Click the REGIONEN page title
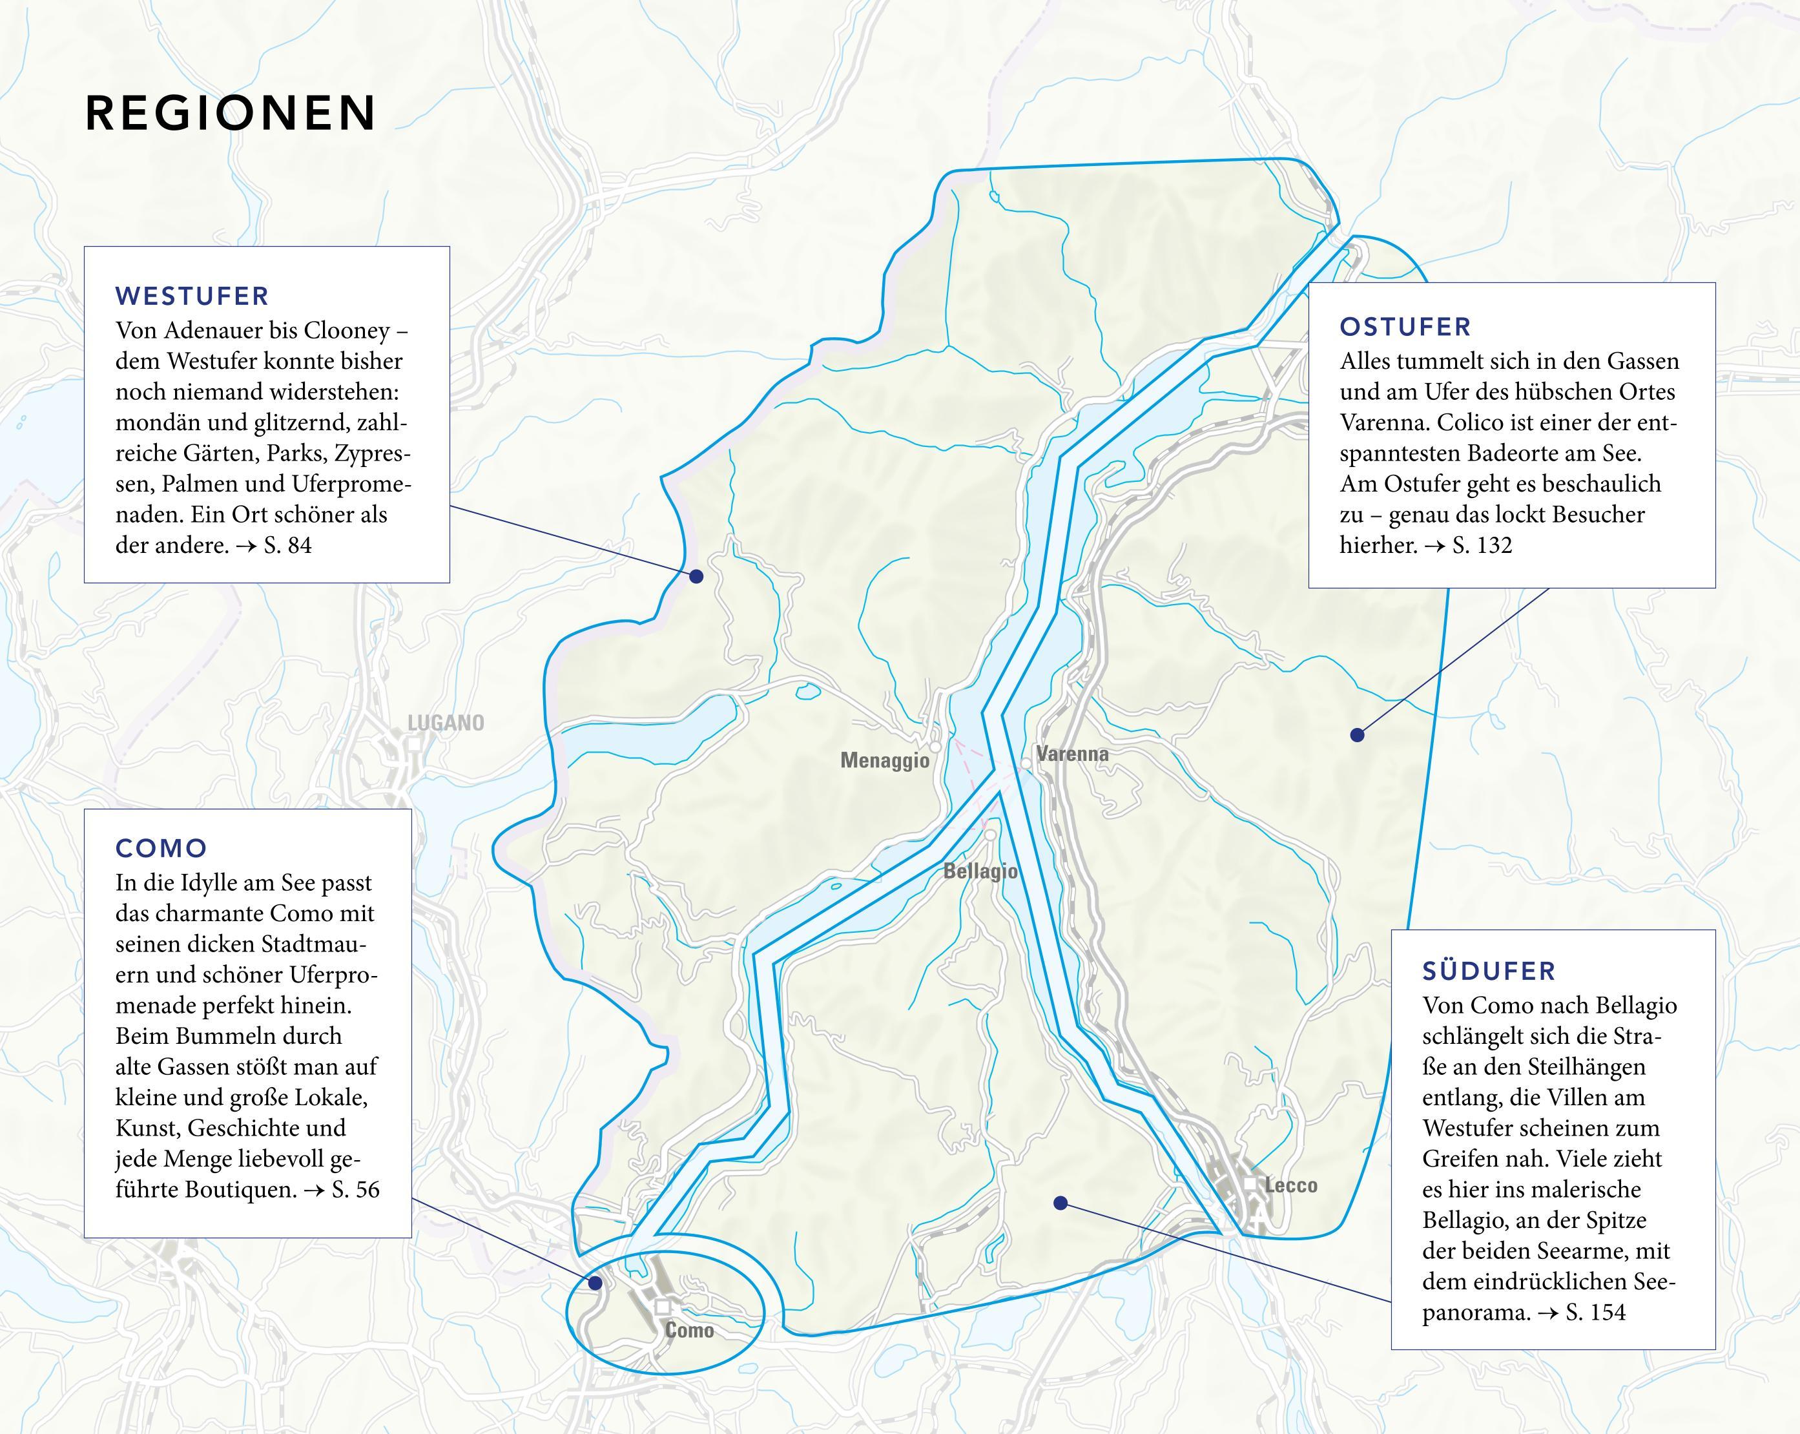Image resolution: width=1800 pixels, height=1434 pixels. tap(231, 113)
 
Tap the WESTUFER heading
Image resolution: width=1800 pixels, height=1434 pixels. tap(192, 296)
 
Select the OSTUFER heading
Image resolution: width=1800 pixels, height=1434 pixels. tap(1405, 327)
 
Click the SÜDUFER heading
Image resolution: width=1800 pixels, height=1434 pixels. tap(1489, 972)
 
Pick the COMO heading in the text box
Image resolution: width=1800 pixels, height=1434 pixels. tap(161, 849)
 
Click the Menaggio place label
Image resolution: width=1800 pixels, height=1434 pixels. tap(884, 761)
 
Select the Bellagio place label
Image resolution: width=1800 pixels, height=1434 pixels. tap(980, 872)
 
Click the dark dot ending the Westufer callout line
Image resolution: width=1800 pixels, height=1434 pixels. tap(696, 576)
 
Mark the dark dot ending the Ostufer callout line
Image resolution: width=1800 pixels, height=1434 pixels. tap(1357, 735)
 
